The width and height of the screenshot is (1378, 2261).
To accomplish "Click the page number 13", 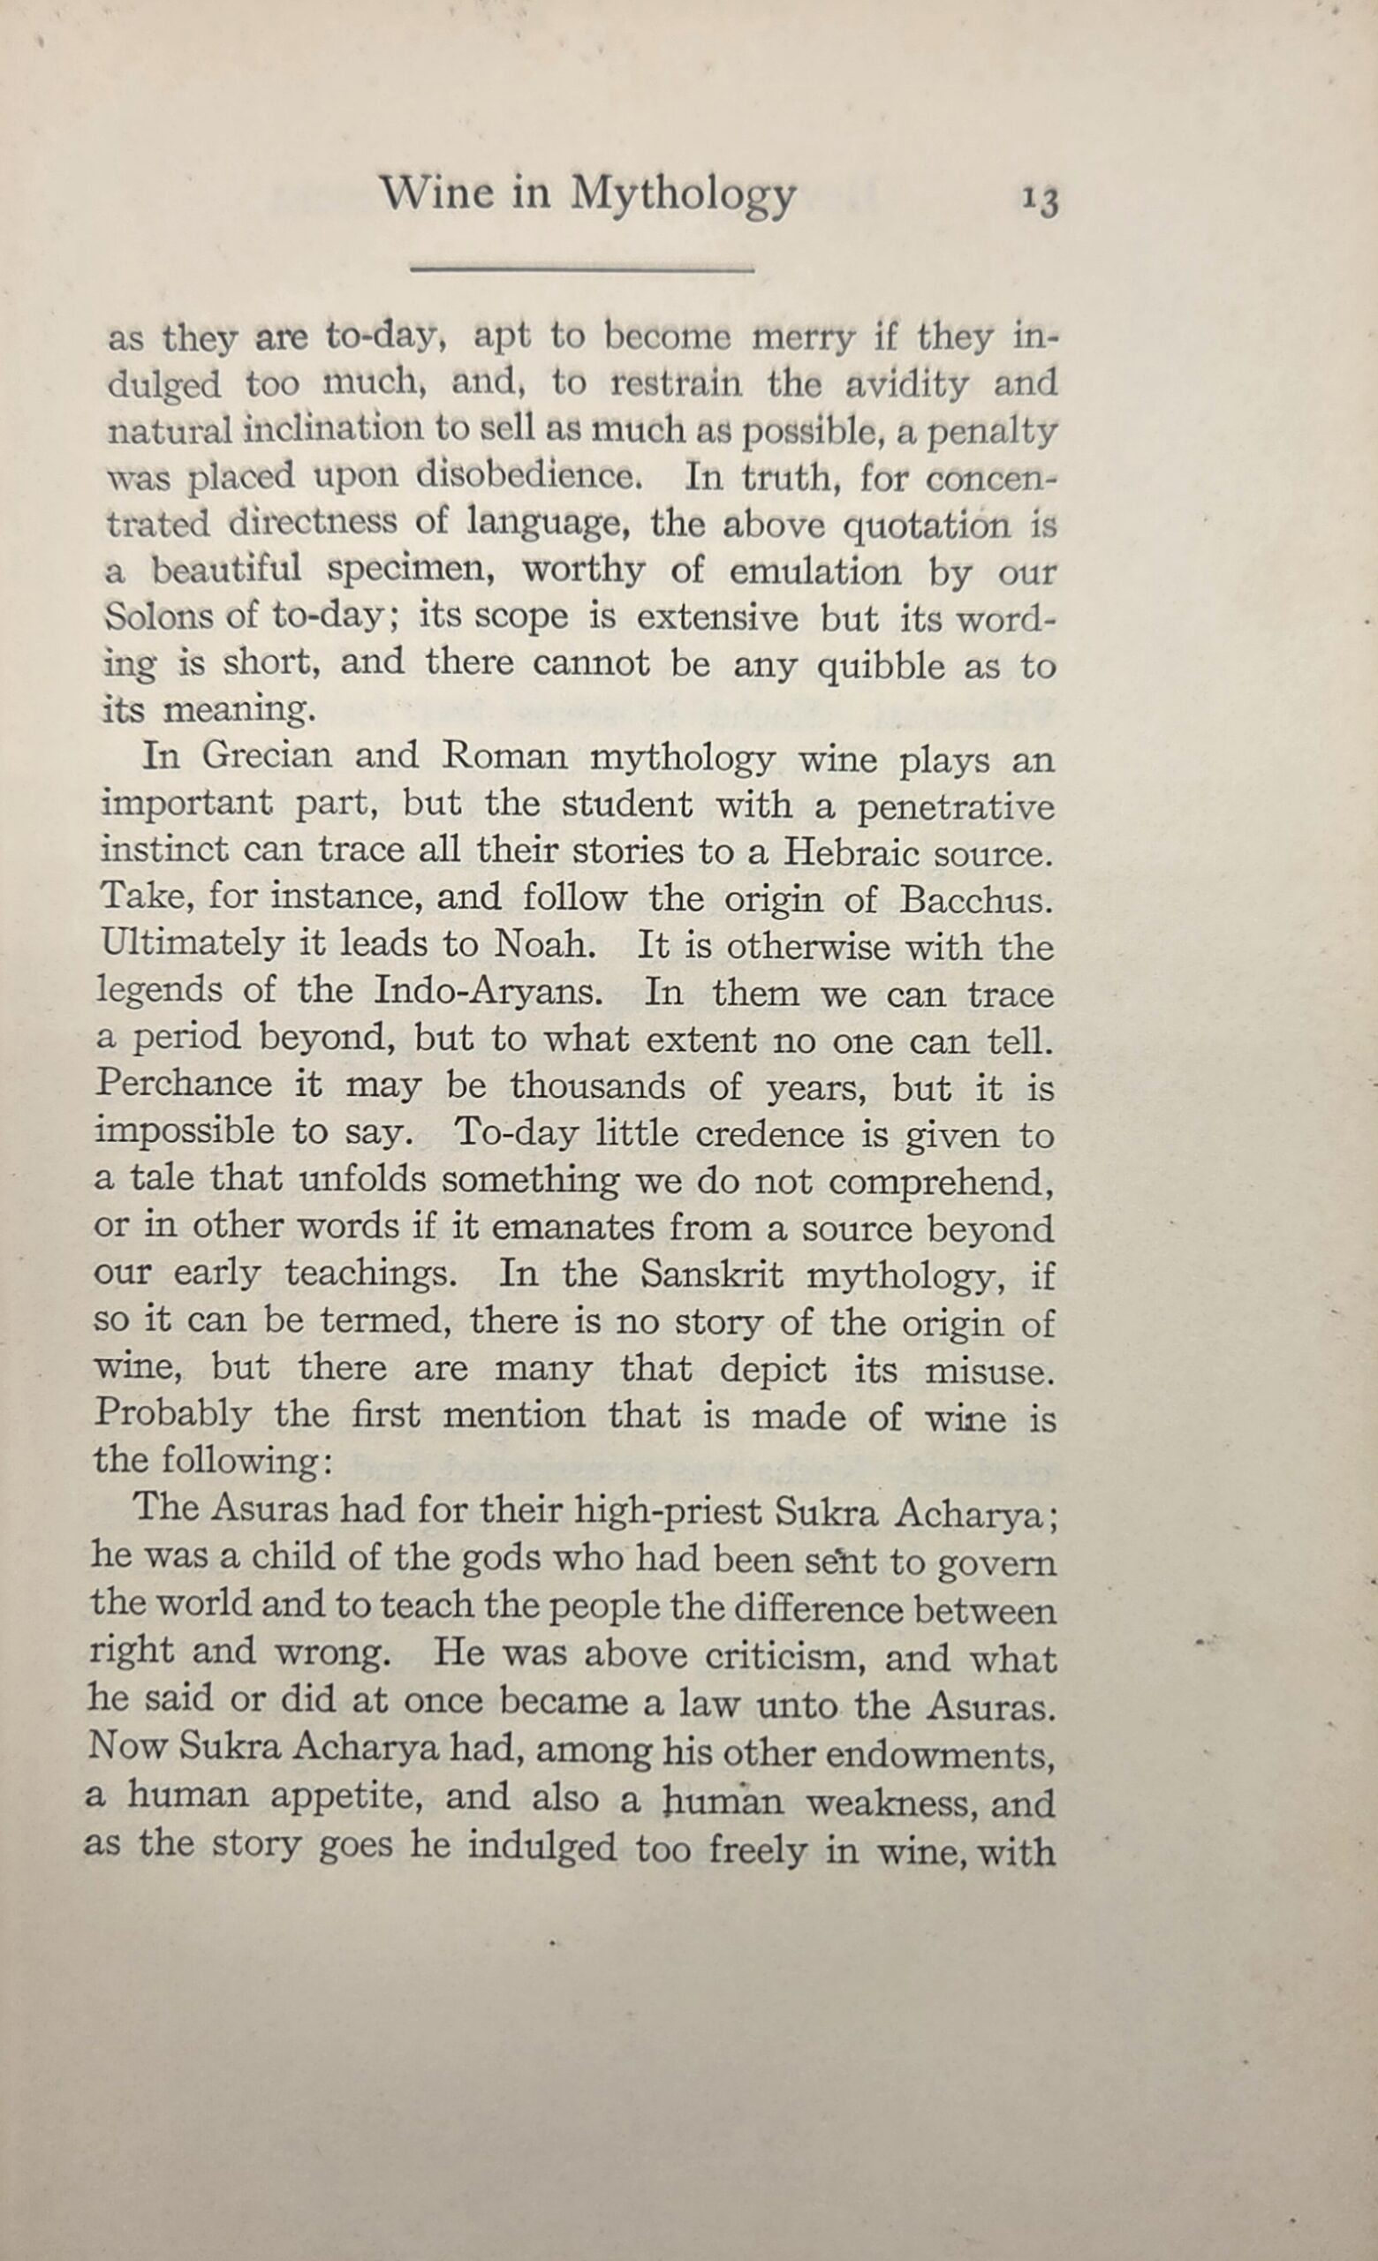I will click(x=1041, y=200).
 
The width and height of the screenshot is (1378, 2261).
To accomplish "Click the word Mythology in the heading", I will click(x=683, y=195).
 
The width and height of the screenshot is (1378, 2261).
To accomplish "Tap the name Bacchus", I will click(x=974, y=899).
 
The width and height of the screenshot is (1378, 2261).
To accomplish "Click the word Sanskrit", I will click(x=711, y=1274).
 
